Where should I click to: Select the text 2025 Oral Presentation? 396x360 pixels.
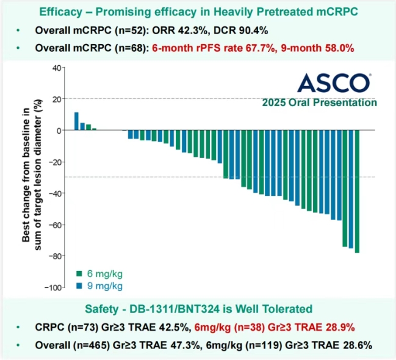pos(319,103)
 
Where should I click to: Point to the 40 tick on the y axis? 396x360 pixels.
pos(54,68)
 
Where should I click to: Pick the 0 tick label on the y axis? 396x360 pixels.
pos(57,131)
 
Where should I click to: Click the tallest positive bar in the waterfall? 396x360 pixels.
pos(76,121)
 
